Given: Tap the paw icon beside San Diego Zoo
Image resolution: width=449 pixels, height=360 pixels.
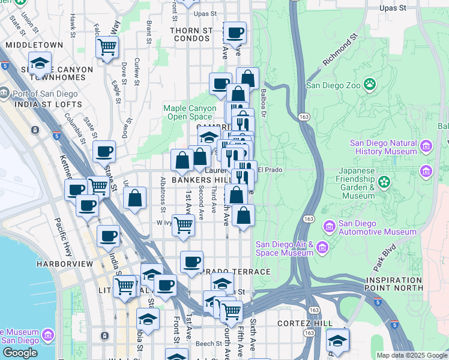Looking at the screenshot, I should click(370, 85).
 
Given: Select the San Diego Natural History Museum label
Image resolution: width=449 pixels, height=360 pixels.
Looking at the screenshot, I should click(384, 148).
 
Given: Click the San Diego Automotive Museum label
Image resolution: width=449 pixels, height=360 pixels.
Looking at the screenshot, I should click(377, 227).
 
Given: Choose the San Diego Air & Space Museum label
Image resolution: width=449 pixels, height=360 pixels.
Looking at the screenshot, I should click(284, 248).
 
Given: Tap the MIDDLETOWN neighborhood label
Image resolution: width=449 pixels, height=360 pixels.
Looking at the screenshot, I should click(34, 45).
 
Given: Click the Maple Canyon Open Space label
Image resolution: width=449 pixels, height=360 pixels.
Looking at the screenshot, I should click(188, 113).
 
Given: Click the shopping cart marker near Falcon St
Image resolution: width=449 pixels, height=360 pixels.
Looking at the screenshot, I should click(107, 47).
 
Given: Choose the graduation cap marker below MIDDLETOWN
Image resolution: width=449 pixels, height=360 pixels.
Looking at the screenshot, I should click(40, 62).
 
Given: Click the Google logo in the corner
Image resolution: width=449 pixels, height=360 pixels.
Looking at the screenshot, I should click(20, 353).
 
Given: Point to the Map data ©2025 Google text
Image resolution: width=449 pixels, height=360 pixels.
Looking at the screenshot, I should click(412, 355).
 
